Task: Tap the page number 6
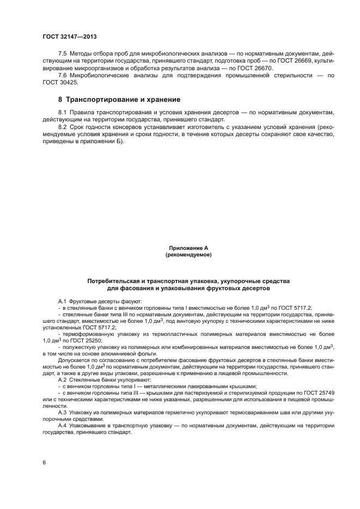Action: click(44, 462)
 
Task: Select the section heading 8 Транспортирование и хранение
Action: click(119, 100)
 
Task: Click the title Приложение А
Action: click(188, 248)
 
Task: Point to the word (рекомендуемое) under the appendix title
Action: click(188, 254)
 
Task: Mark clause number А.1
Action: click(62, 301)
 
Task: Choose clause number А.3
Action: click(62, 413)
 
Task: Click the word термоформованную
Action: click(85, 334)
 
